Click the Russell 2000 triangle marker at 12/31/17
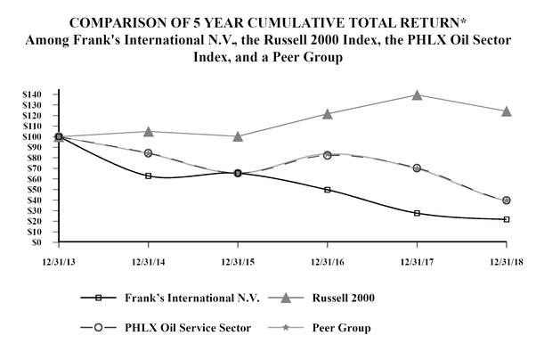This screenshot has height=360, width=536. point(417,94)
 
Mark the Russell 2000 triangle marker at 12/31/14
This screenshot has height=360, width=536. point(148,132)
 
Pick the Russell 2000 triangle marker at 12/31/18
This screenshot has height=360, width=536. point(507,111)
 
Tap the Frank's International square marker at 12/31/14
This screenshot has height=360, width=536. point(148,176)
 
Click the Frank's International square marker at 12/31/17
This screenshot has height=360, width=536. point(417,213)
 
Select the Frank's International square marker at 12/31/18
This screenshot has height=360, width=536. point(507,219)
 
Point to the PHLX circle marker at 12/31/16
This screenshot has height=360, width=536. point(327,155)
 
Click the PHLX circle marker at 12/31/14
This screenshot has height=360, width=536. point(148,153)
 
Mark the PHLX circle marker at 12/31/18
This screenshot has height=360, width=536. point(507,200)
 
